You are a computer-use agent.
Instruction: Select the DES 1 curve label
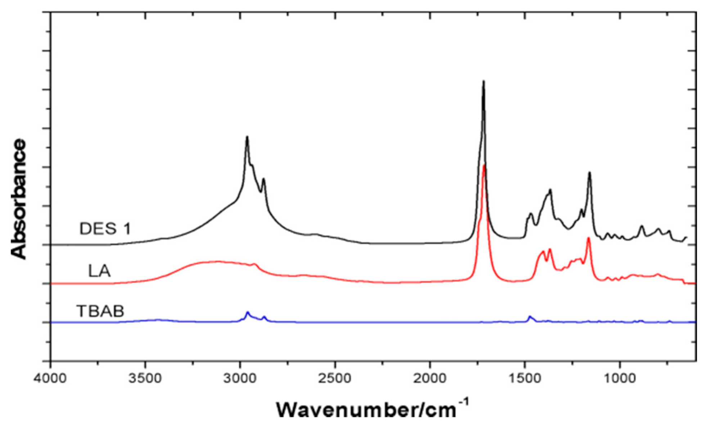(x=105, y=229)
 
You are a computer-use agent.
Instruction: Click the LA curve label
(x=99, y=271)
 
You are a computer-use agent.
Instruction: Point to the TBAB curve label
(x=100, y=311)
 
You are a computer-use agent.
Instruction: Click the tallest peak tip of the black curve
(x=483, y=81)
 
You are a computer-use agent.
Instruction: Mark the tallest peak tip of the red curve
(x=484, y=165)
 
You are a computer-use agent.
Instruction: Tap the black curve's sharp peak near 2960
(x=247, y=137)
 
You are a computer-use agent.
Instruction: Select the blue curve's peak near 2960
(x=247, y=312)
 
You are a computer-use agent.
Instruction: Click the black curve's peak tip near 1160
(x=590, y=173)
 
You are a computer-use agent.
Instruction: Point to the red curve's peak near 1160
(x=588, y=238)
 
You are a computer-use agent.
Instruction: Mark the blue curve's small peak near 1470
(x=529, y=316)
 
